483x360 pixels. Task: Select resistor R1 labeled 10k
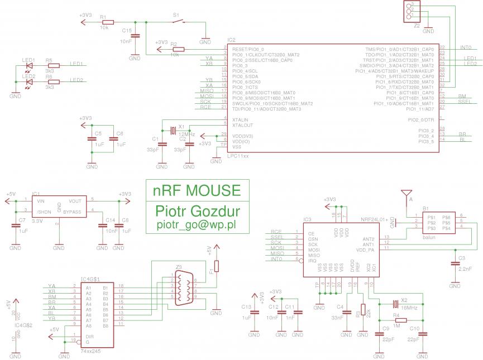[x=108, y=22]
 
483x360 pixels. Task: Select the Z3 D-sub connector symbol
[x=181, y=289]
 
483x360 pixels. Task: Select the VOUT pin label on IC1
[x=74, y=200]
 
